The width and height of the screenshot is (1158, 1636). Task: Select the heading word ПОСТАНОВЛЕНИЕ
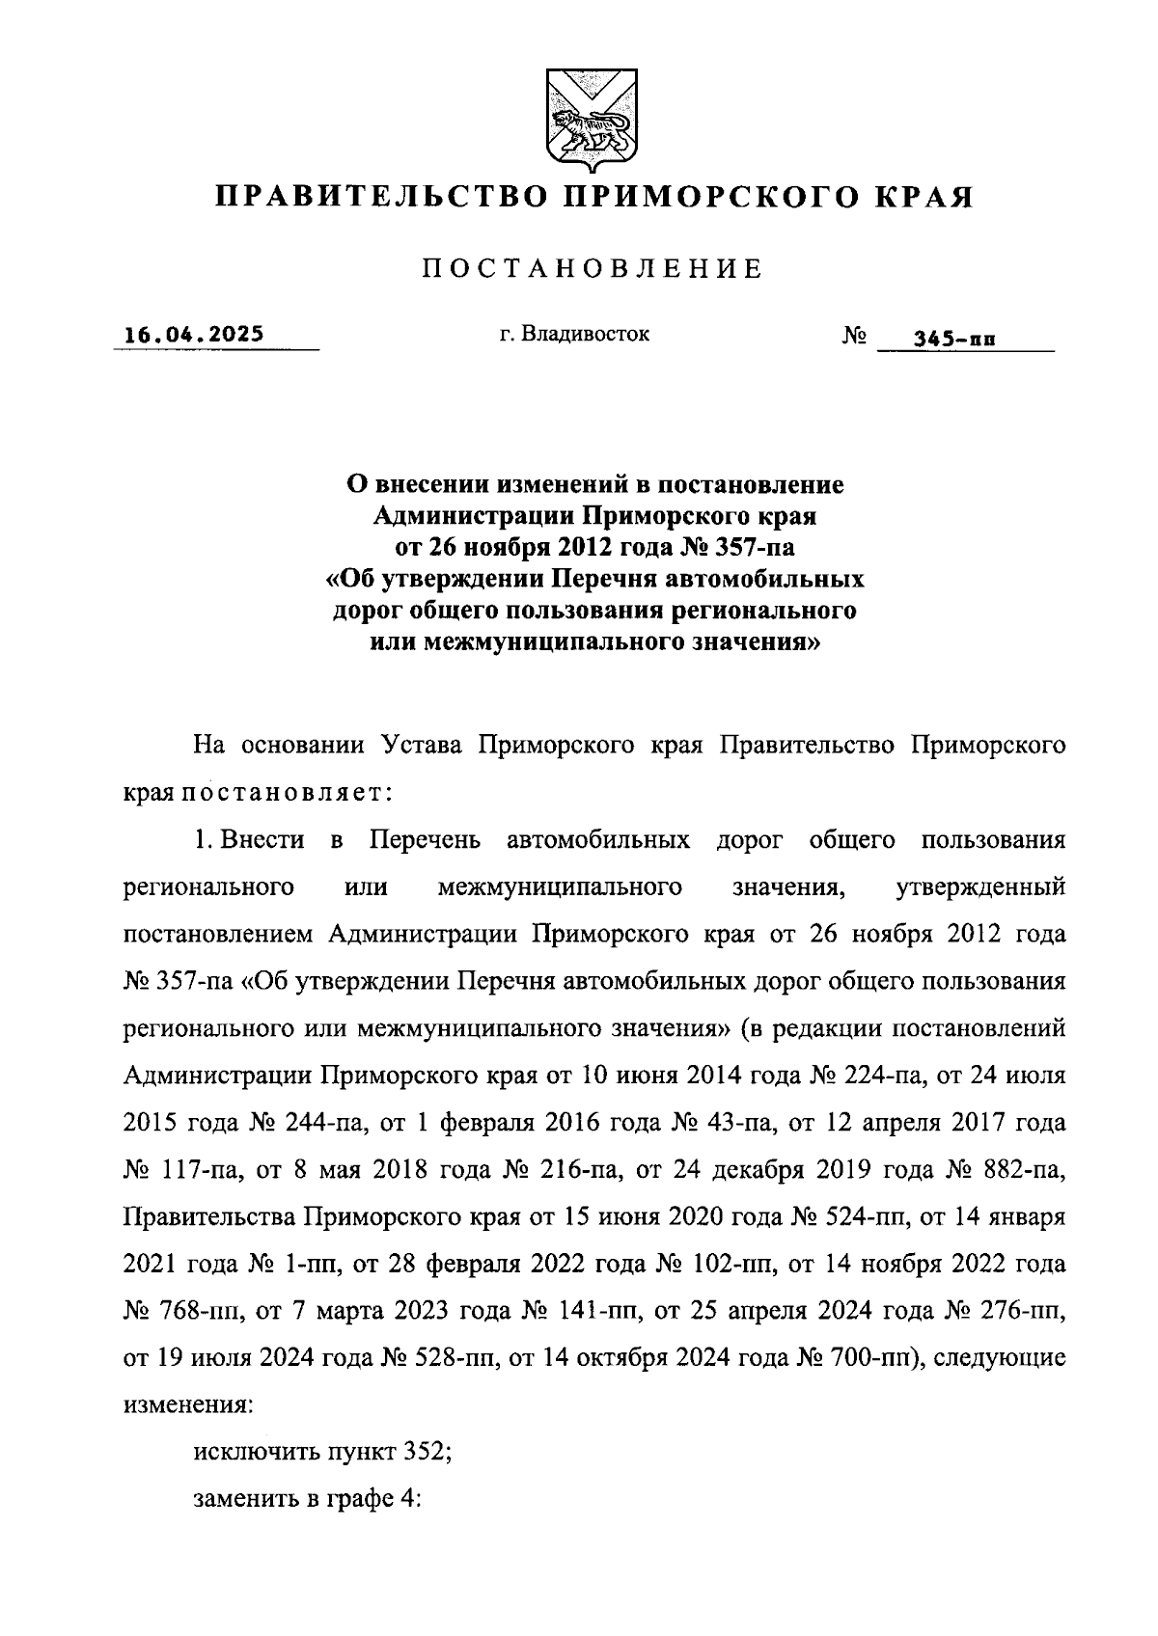tap(592, 269)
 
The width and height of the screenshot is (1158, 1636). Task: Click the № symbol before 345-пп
tap(855, 336)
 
